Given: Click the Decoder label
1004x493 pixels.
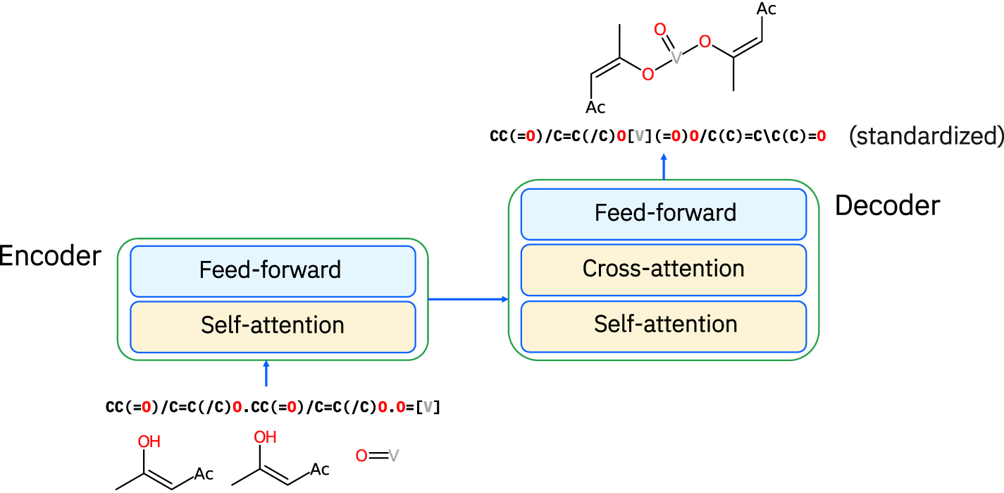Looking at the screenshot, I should (887, 205).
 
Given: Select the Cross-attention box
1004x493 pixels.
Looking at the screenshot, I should (663, 269).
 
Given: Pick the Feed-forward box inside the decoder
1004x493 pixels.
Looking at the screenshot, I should (663, 213).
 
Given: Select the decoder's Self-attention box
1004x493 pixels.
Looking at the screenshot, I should (663, 324).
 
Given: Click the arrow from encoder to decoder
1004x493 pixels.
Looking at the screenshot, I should (468, 300).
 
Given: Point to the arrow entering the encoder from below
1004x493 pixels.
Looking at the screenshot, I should (266, 374).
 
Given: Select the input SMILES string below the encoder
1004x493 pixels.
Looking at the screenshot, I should (273, 408).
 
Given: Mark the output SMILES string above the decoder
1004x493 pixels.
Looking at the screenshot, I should (657, 136).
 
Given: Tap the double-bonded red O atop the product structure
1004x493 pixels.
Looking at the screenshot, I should (659, 29).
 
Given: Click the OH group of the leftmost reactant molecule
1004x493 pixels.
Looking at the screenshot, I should (149, 442).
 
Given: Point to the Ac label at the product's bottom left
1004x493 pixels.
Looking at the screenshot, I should (595, 108).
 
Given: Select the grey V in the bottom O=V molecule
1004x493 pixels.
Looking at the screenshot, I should (393, 456).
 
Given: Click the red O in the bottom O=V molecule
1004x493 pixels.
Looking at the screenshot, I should (361, 456).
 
